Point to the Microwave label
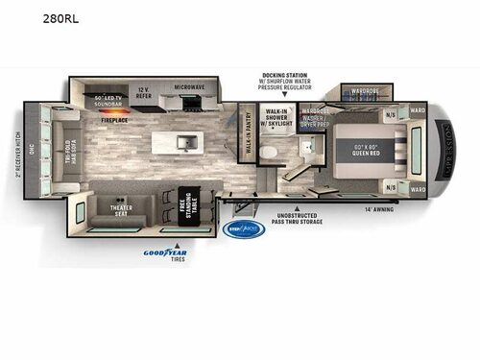pos(190,87)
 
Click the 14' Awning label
pos(382,206)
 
